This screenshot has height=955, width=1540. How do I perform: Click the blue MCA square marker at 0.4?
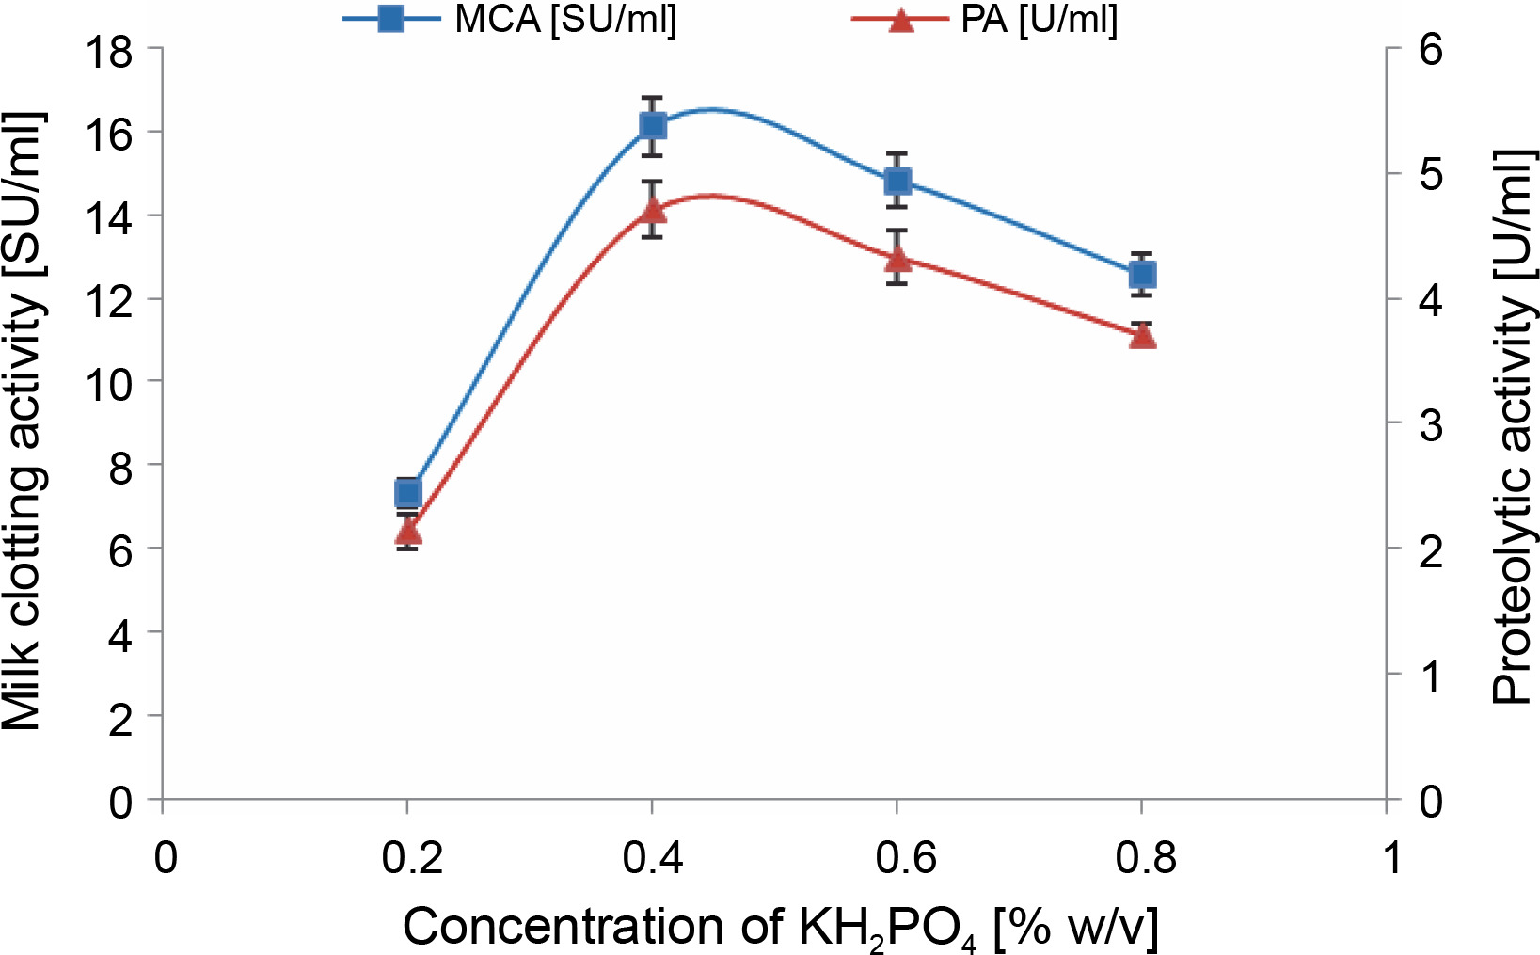(x=653, y=126)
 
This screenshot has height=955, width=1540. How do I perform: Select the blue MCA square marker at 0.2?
(x=407, y=492)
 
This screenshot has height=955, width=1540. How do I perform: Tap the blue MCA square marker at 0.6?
(x=897, y=181)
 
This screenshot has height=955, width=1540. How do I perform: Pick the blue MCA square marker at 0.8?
(x=1142, y=275)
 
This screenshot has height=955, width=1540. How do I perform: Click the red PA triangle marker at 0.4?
(x=653, y=209)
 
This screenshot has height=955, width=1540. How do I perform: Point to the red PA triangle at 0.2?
(x=407, y=532)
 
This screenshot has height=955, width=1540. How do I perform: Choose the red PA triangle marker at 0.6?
(x=897, y=257)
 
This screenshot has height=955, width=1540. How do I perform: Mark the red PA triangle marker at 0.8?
(x=1142, y=335)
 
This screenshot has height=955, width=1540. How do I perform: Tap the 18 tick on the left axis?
(x=108, y=51)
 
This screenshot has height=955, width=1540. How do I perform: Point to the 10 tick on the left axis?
(x=108, y=383)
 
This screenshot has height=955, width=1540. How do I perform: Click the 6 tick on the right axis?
(x=1431, y=49)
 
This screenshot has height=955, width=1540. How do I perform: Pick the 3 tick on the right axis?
(x=1431, y=425)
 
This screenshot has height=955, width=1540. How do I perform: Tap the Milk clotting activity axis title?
(x=23, y=422)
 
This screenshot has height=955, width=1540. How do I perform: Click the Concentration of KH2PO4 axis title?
(x=780, y=928)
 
